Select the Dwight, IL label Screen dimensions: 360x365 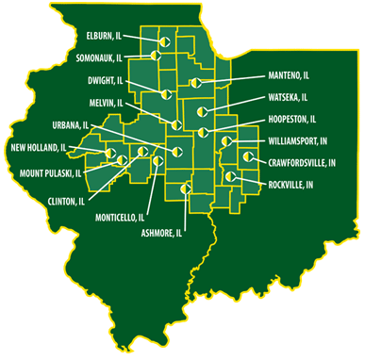click(100, 81)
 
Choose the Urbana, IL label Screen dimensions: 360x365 click(72, 125)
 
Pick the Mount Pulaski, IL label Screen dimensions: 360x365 click(50, 174)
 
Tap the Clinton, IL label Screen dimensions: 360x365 click(66, 201)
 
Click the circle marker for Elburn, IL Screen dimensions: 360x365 click(163, 42)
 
